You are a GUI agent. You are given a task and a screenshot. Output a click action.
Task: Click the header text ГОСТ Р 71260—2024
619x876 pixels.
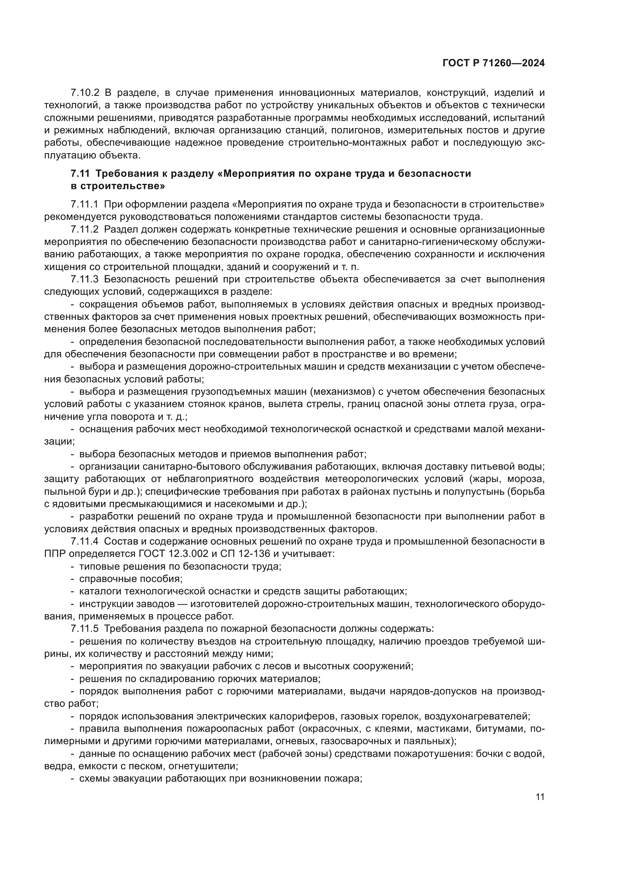[493, 63]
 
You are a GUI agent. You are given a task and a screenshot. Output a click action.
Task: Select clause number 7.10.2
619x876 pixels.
[85, 93]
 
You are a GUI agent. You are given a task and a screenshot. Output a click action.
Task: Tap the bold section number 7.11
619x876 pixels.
[80, 174]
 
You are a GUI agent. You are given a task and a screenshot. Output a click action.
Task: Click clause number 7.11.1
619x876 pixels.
[84, 204]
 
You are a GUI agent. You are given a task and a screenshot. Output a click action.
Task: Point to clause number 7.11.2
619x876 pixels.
[84, 229]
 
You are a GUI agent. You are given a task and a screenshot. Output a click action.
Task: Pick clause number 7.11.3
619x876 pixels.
[84, 279]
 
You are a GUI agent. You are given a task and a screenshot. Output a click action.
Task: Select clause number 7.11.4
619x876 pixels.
[84, 542]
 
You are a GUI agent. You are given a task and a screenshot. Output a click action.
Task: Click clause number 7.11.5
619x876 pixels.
[84, 628]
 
